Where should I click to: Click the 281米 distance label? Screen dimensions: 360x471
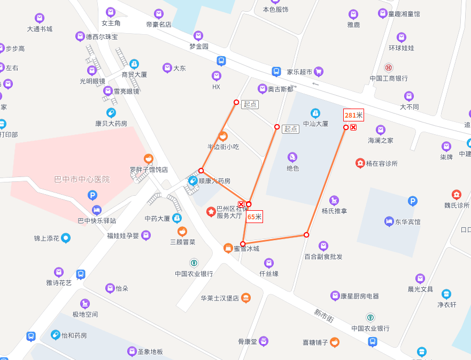tap(353, 115)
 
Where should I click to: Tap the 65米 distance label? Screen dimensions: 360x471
tap(254, 217)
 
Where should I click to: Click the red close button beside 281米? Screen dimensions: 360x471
tap(353, 127)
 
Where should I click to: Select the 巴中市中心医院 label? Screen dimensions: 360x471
tap(82, 179)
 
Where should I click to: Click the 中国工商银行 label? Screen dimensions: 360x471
tap(389, 78)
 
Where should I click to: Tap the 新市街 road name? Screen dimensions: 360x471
tap(324, 316)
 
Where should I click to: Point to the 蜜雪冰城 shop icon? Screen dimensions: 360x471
tap(228, 248)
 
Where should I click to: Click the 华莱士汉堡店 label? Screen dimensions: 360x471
tap(220, 298)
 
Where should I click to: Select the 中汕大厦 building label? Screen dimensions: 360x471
tap(315, 124)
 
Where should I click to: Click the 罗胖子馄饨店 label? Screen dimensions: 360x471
tap(149, 170)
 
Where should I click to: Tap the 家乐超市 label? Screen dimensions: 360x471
tap(299, 71)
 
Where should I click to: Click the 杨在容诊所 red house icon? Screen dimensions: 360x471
tap(360, 163)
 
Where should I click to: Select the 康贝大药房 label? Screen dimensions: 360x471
tap(111, 123)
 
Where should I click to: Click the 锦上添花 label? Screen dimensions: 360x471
tap(47, 238)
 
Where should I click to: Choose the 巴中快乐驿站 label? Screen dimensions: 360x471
tap(97, 220)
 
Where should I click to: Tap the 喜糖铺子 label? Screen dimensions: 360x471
tap(315, 342)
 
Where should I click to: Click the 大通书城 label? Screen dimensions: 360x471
tap(40, 29)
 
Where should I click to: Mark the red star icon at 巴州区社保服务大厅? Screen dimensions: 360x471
tap(211, 212)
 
